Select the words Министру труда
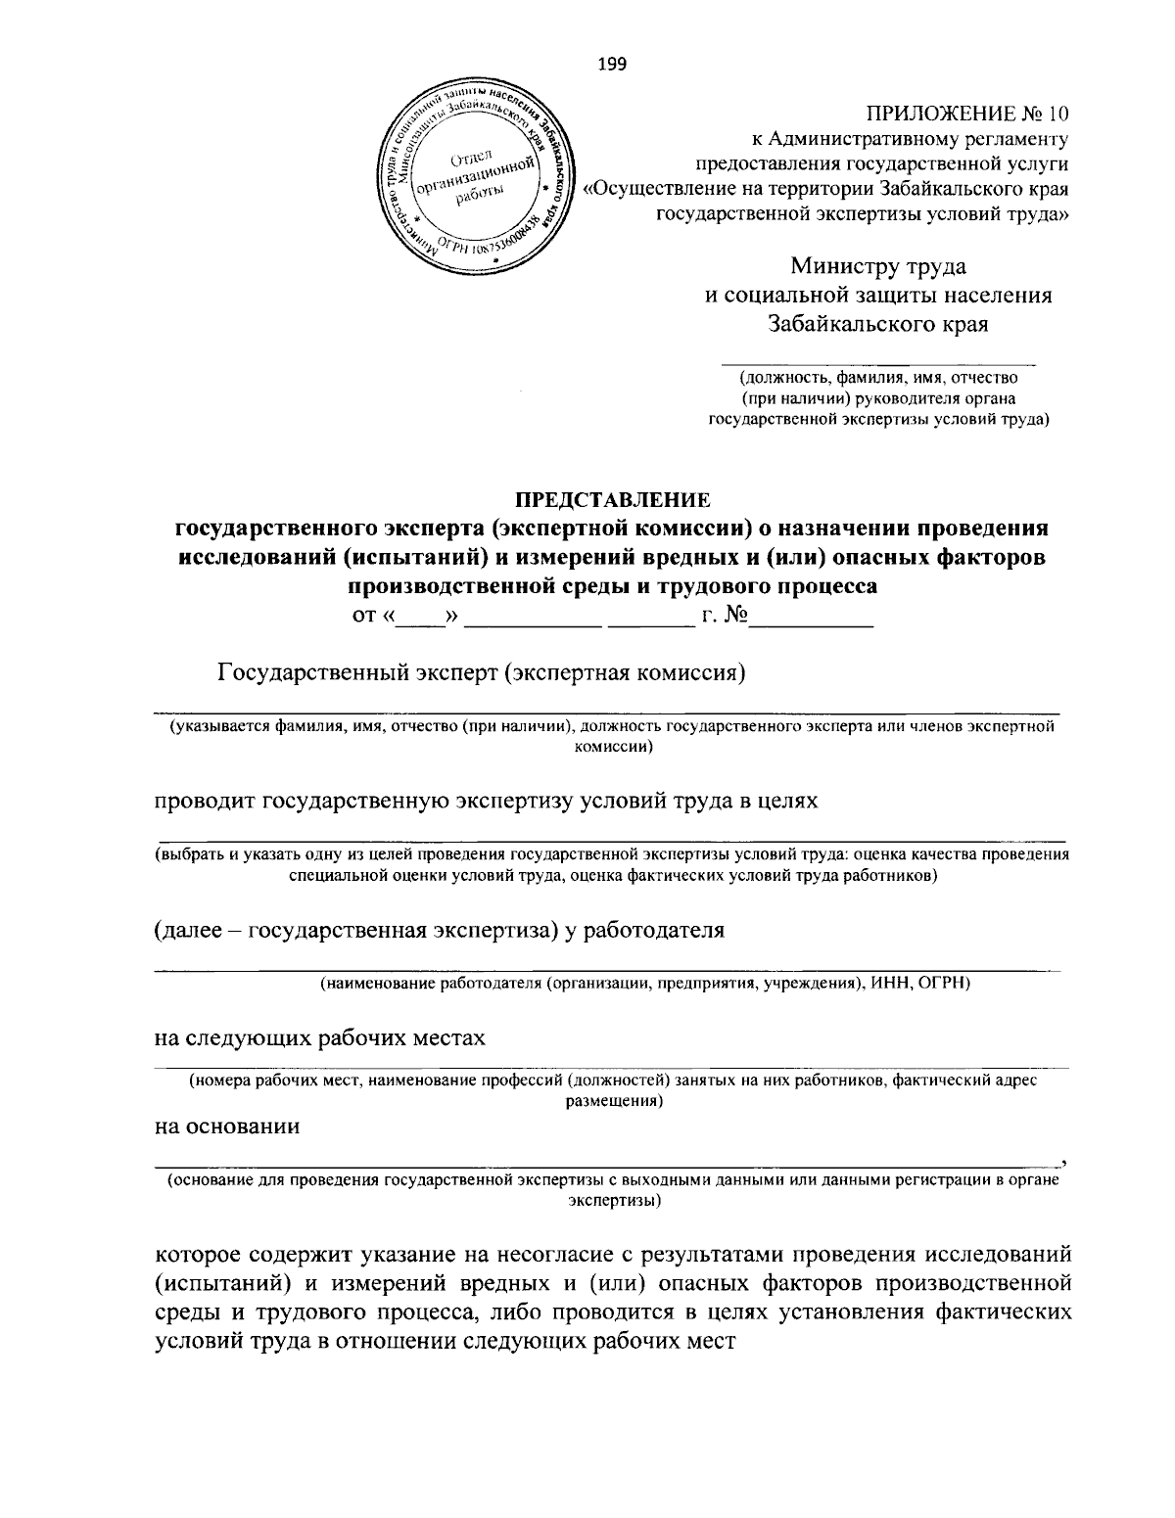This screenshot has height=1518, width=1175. click(x=878, y=264)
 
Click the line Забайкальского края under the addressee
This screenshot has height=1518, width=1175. click(x=878, y=324)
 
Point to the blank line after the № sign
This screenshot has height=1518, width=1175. click(x=811, y=624)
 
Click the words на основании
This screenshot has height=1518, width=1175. click(x=228, y=1126)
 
